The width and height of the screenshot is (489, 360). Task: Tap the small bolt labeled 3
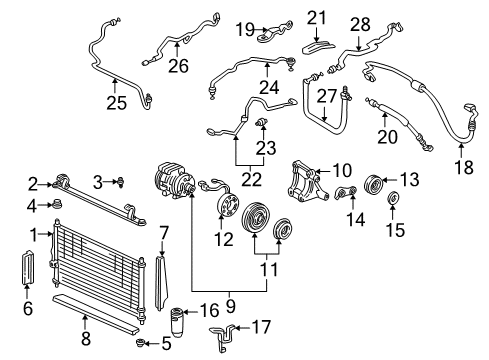pyautogui.click(x=120, y=181)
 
